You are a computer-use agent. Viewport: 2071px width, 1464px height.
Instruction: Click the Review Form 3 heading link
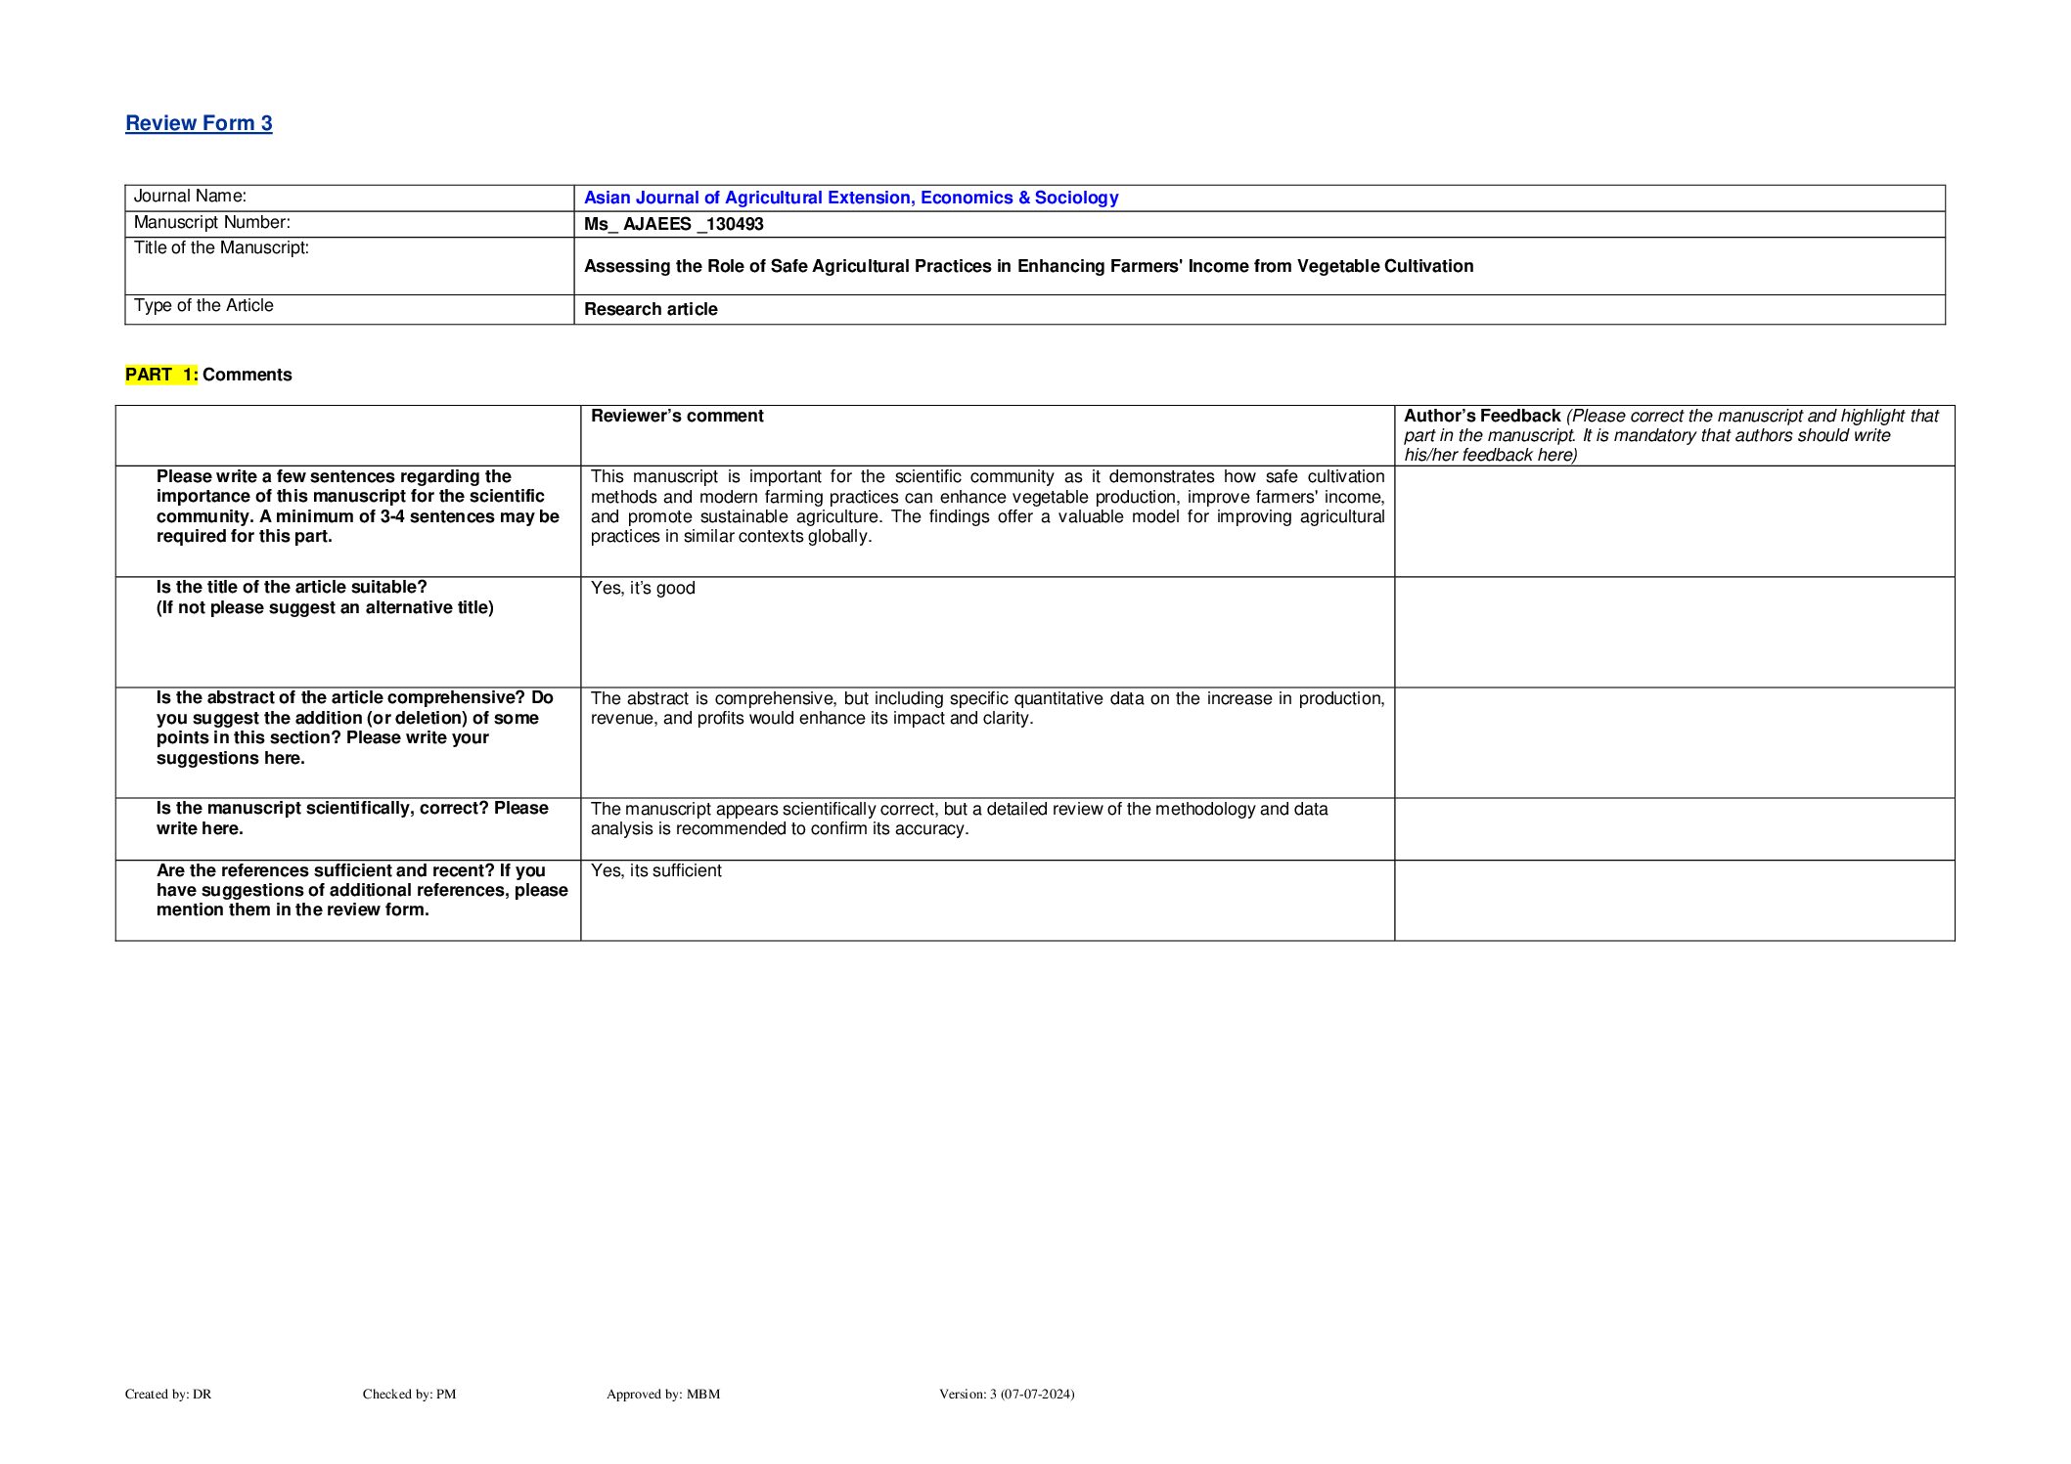click(199, 123)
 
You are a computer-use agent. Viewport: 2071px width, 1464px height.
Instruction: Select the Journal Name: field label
click(190, 197)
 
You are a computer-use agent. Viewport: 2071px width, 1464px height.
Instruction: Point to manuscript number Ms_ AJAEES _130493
click(673, 224)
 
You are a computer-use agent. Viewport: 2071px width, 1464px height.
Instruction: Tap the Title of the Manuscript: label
click(221, 248)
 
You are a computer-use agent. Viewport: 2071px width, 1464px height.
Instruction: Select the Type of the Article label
click(203, 306)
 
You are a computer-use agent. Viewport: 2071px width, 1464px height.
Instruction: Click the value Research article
click(651, 309)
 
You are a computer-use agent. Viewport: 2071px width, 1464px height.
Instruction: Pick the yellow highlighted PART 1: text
click(161, 375)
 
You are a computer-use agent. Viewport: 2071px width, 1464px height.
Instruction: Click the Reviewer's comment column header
click(677, 416)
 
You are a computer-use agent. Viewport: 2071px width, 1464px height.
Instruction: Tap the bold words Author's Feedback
click(1481, 416)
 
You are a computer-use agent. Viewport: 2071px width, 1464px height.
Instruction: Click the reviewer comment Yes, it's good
click(643, 588)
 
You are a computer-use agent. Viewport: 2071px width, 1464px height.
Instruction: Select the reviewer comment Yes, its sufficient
click(655, 870)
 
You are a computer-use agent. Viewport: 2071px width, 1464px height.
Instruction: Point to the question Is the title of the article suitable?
click(292, 587)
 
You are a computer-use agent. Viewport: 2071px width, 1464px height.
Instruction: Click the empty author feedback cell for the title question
click(1673, 632)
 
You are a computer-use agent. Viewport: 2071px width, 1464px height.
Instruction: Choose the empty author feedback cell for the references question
click(1673, 901)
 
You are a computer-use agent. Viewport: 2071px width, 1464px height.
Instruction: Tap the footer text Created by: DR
click(168, 1394)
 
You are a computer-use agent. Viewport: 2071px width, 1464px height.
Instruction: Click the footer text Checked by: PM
click(409, 1394)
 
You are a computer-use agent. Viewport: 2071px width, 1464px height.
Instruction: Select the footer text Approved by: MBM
click(662, 1394)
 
